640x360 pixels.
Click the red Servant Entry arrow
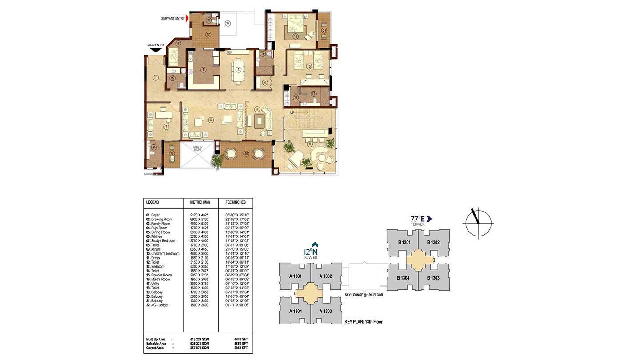[187, 18]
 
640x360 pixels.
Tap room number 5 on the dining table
[238, 69]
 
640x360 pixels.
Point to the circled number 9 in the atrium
[309, 143]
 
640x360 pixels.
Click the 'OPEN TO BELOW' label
[198, 148]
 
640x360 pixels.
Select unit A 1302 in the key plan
[325, 276]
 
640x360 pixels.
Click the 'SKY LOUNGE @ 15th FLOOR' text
[364, 295]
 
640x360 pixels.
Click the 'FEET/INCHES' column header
[236, 202]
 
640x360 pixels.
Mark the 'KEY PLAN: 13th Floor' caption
[363, 321]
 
